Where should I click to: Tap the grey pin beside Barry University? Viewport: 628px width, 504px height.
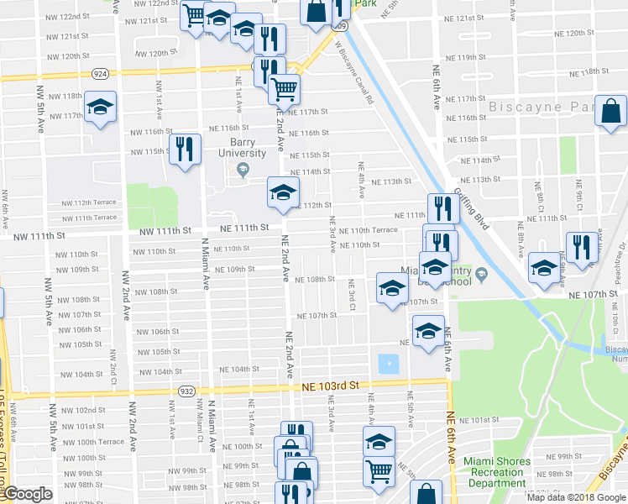tap(243, 171)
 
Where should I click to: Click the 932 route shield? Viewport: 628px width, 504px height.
tap(186, 391)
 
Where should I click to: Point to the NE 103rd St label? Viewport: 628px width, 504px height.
tap(331, 385)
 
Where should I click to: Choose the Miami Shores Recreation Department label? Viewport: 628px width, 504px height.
tap(498, 472)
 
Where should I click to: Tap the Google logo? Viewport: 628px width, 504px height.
tap(28, 494)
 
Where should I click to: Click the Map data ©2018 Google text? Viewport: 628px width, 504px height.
tap(576, 497)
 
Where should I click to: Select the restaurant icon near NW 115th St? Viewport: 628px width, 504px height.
tap(185, 150)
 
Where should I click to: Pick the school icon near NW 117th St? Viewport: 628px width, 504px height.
tap(99, 108)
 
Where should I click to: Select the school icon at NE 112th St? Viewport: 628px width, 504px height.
tap(283, 192)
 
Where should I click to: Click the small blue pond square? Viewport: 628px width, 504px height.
tap(389, 365)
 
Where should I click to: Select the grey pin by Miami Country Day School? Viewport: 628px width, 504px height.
tap(482, 275)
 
